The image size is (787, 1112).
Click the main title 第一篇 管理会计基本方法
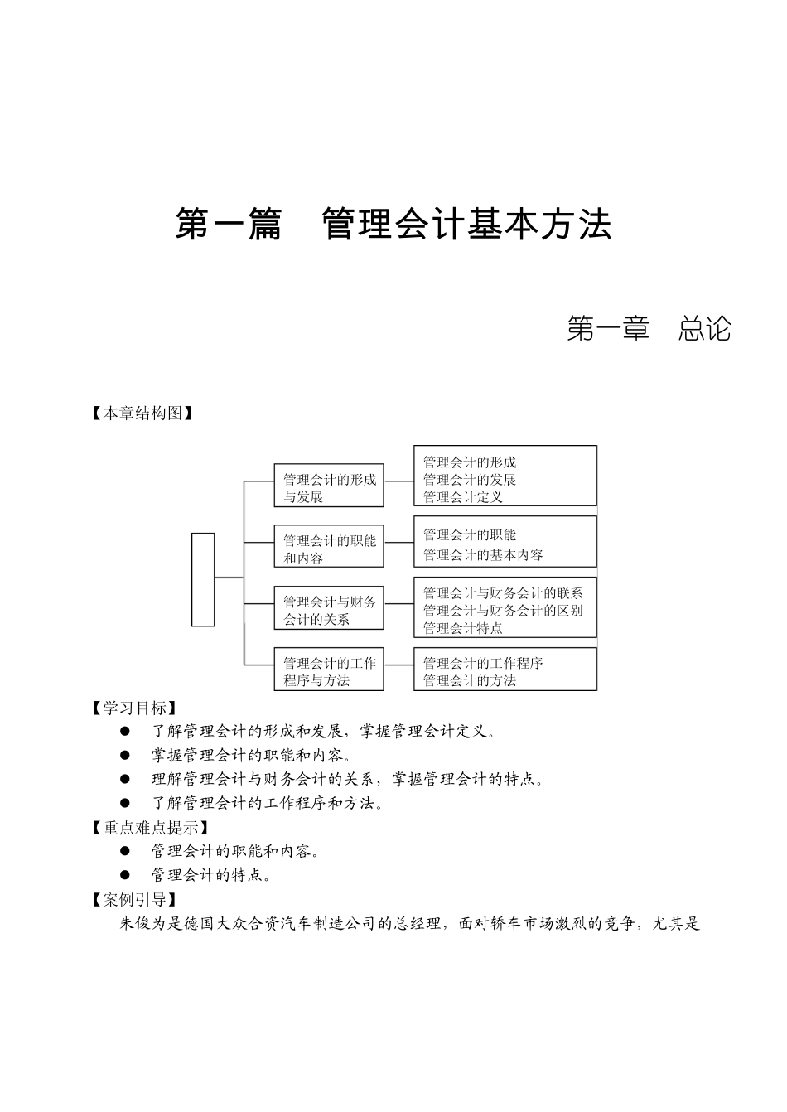click(393, 225)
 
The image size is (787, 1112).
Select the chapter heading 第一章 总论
click(649, 329)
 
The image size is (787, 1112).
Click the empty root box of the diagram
click(203, 579)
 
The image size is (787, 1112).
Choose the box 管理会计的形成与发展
click(329, 488)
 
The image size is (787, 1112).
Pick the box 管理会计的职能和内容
click(329, 549)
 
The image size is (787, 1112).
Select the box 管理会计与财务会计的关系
click(329, 611)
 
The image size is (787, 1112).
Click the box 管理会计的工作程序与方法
click(329, 671)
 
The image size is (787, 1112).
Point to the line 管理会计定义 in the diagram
click(463, 497)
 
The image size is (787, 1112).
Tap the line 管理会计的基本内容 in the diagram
click(483, 555)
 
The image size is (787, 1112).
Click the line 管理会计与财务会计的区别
click(503, 611)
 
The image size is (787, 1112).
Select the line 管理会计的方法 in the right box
click(470, 680)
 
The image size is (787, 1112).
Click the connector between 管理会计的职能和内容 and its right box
click(398, 543)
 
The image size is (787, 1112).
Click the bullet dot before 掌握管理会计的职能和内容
click(125, 755)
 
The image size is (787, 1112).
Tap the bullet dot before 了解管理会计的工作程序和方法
click(125, 803)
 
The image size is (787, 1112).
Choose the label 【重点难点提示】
click(149, 827)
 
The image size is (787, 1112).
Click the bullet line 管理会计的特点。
click(211, 875)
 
